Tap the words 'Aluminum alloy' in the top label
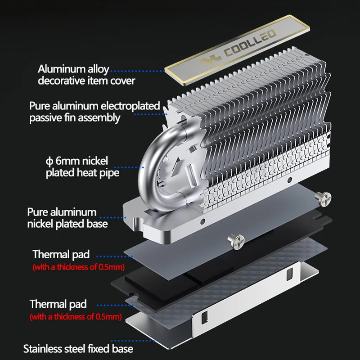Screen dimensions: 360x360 click(73, 69)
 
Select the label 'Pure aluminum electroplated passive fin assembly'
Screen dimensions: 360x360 click(94, 112)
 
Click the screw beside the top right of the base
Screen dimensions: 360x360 click(324, 197)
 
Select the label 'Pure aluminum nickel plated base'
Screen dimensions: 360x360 click(67, 217)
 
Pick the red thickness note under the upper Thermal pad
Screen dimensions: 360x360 click(78, 267)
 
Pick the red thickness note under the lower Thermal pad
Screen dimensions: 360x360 click(76, 317)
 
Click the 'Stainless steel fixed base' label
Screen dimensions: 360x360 click(78, 348)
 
